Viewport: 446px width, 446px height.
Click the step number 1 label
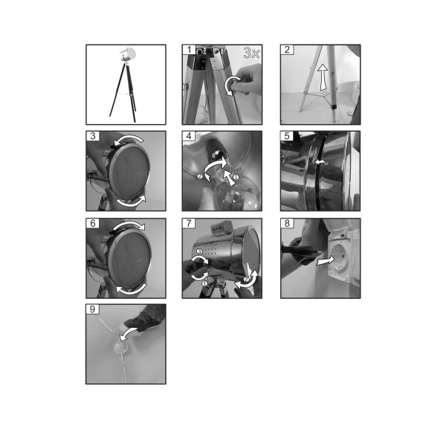coord(189,50)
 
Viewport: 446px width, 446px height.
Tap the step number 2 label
coord(287,50)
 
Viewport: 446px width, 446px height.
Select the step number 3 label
coord(93,136)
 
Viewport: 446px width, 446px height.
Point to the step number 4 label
coord(189,136)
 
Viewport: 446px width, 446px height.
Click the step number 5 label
coord(287,136)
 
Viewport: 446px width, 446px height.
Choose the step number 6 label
coord(93,223)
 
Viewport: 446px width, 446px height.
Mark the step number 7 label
coord(189,223)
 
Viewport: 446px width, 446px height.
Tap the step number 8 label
coord(287,223)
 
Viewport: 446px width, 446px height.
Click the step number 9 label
coord(93,309)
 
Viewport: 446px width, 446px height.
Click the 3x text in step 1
coord(251,53)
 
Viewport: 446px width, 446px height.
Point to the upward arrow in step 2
coord(323,77)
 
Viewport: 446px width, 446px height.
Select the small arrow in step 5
coord(320,162)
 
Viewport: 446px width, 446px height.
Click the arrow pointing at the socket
coord(325,261)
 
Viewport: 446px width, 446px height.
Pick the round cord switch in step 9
coord(123,347)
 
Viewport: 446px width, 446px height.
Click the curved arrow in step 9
coord(128,332)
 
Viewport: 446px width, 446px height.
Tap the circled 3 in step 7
coord(200,251)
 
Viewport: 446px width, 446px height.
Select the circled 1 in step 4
coord(236,177)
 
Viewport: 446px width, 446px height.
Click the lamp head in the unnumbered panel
coord(127,54)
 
